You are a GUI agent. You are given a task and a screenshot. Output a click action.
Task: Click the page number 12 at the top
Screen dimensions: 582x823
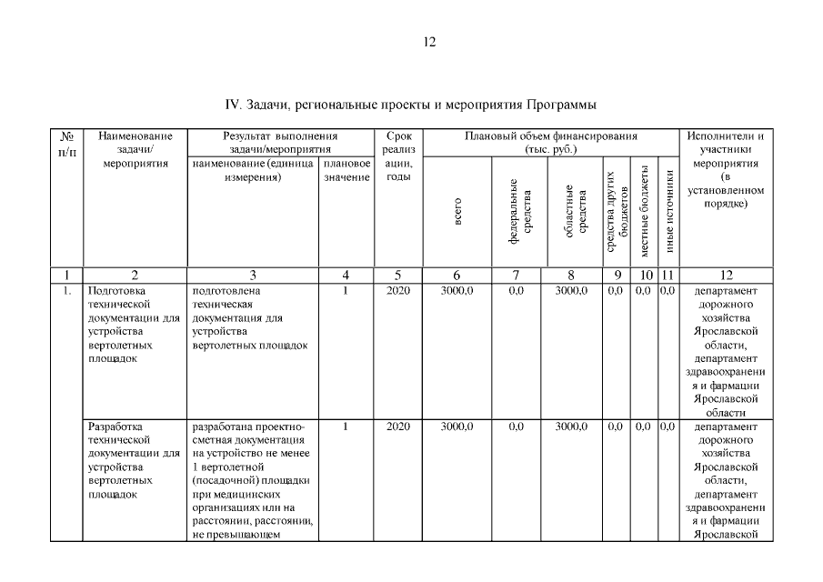(430, 42)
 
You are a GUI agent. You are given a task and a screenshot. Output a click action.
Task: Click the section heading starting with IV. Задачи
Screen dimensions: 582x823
(410, 104)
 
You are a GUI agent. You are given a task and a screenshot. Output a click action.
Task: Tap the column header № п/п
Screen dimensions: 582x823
(66, 143)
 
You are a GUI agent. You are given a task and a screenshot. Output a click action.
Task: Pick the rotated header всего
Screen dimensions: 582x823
(457, 211)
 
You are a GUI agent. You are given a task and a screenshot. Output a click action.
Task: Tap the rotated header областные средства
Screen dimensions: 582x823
(575, 211)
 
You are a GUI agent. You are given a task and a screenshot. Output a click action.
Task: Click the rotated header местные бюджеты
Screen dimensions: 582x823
(645, 211)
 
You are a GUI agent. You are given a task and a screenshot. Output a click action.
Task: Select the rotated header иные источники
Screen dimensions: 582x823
(668, 211)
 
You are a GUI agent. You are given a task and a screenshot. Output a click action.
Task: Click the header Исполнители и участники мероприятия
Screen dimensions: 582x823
(725, 170)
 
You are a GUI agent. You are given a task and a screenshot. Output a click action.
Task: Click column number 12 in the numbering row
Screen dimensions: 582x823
(725, 276)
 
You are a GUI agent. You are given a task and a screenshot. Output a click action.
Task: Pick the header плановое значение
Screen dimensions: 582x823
(346, 170)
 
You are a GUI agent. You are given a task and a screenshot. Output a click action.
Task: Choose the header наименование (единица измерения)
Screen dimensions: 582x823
(252, 170)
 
